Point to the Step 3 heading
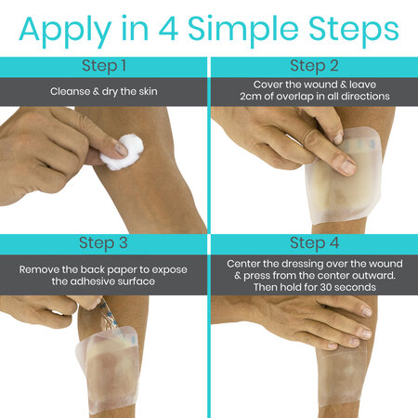(104, 243)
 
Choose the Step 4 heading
(313, 243)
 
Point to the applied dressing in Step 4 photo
(344, 376)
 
